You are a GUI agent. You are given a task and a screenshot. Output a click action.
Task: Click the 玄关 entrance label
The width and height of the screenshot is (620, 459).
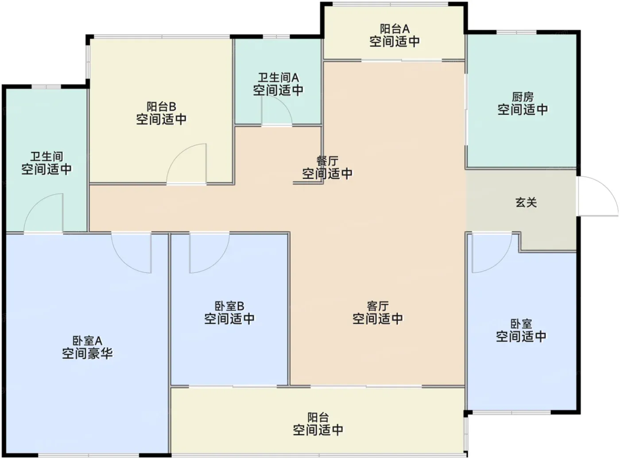tap(526, 202)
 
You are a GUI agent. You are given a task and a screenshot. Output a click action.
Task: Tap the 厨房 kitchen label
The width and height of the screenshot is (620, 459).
tap(523, 97)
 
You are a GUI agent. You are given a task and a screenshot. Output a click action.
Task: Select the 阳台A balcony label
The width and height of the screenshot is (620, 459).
tap(395, 29)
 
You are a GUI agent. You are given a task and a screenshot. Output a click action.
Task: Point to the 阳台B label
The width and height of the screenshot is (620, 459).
tap(161, 107)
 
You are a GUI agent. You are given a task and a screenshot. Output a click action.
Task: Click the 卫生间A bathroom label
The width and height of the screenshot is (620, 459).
tap(278, 78)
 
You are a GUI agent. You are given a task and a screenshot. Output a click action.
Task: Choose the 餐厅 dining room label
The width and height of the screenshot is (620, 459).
tap(327, 161)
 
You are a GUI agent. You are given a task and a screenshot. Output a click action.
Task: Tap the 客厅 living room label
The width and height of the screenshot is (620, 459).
tap(378, 306)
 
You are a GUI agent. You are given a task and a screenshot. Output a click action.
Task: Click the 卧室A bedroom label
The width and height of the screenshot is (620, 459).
tap(88, 341)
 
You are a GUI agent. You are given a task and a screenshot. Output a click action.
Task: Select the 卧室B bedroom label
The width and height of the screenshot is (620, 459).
tap(229, 306)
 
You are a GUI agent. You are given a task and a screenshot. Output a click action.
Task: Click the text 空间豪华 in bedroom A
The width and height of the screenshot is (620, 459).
tap(88, 354)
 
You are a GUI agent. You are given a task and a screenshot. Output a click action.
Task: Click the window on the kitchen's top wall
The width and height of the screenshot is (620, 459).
tap(516, 32)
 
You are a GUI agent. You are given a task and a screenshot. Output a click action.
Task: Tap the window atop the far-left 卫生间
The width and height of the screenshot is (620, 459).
tap(46, 86)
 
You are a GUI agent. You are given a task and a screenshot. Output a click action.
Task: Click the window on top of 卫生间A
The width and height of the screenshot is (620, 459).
tap(276, 37)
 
